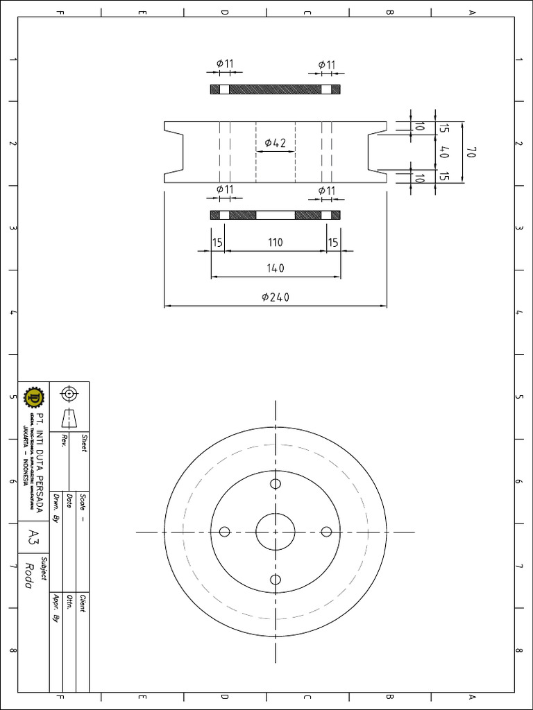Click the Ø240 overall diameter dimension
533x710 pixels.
(276, 297)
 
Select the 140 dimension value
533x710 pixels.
(276, 268)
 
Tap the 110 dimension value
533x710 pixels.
(276, 243)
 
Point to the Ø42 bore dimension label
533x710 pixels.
(276, 144)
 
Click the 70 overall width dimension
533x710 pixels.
(471, 153)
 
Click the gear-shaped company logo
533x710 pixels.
(33, 398)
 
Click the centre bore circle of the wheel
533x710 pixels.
(276, 532)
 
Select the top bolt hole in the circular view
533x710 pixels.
(276, 484)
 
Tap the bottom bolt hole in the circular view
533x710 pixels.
(276, 580)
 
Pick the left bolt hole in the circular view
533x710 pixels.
(224, 532)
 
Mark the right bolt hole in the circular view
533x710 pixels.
(326, 532)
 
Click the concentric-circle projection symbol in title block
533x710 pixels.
(69, 395)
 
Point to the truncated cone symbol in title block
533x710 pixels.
(69, 418)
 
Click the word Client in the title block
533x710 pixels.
(83, 603)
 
